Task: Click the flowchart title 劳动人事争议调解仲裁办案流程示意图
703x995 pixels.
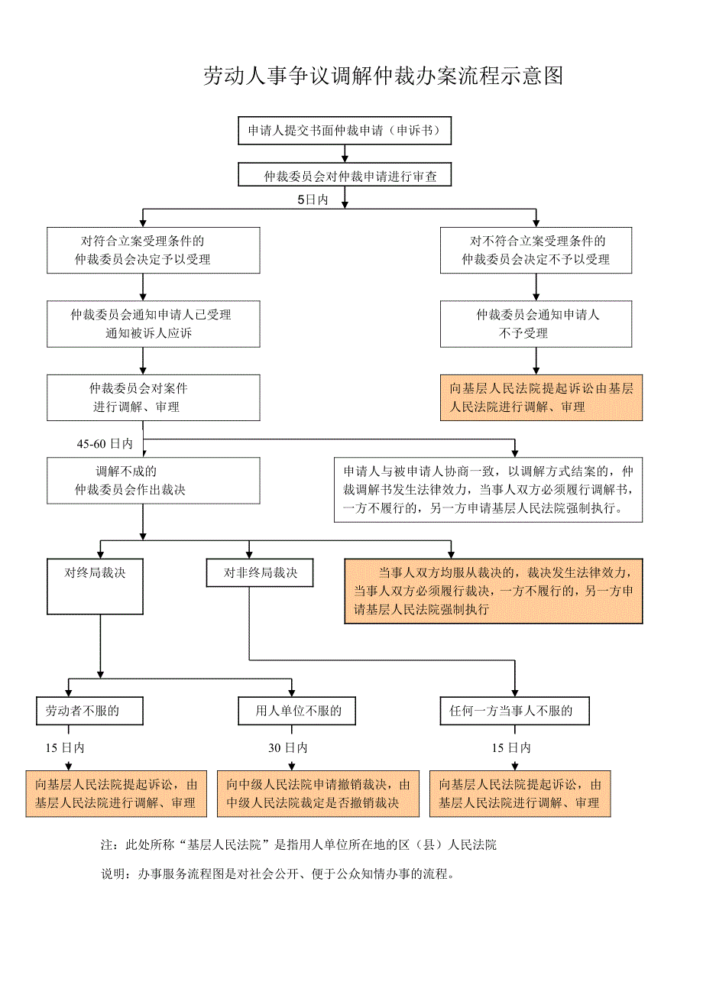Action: (383, 76)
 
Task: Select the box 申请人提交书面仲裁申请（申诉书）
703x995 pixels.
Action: (344, 131)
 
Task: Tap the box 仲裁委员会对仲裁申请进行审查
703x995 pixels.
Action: (344, 176)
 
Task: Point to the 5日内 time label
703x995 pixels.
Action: (313, 200)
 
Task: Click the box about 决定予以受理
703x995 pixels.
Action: (153, 250)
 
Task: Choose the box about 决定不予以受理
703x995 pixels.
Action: (536, 250)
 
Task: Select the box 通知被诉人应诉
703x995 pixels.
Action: (153, 323)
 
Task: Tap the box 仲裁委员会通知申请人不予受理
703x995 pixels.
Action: (536, 323)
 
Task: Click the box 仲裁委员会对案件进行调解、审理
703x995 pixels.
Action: (153, 397)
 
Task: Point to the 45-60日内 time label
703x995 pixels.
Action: (105, 443)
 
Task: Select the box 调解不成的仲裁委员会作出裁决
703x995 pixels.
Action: (153, 480)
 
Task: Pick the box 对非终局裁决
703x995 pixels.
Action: (260, 573)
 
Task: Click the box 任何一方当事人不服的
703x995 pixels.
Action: (516, 711)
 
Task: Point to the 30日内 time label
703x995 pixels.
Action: (288, 748)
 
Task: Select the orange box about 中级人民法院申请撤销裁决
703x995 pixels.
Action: (318, 793)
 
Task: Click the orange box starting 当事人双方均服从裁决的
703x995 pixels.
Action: (493, 591)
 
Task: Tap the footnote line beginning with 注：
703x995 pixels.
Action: (299, 845)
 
